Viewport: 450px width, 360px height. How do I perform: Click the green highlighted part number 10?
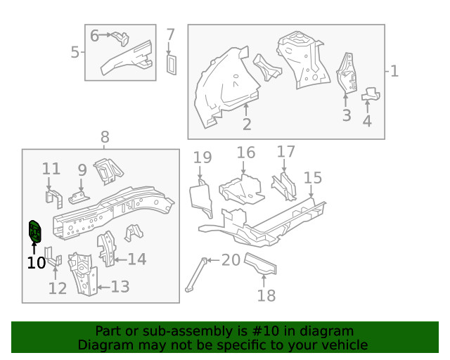[x=34, y=231]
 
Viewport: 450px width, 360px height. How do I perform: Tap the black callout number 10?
[x=36, y=263]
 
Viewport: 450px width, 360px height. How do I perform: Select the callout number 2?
[x=247, y=124]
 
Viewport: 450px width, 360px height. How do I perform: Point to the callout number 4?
[x=367, y=121]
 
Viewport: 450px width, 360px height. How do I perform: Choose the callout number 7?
[x=170, y=34]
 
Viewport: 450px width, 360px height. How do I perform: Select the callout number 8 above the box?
[x=105, y=137]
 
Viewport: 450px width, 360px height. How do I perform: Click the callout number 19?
[x=202, y=157]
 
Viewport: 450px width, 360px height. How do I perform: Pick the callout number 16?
[x=245, y=153]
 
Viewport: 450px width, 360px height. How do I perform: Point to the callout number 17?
[x=286, y=152]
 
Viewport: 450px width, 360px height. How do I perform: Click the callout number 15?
[x=312, y=178]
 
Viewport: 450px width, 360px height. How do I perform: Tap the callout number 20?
[x=231, y=260]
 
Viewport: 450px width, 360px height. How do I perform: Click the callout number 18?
[x=266, y=295]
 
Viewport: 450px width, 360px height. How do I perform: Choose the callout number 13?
[x=120, y=286]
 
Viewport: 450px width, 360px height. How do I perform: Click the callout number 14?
[x=136, y=259]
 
